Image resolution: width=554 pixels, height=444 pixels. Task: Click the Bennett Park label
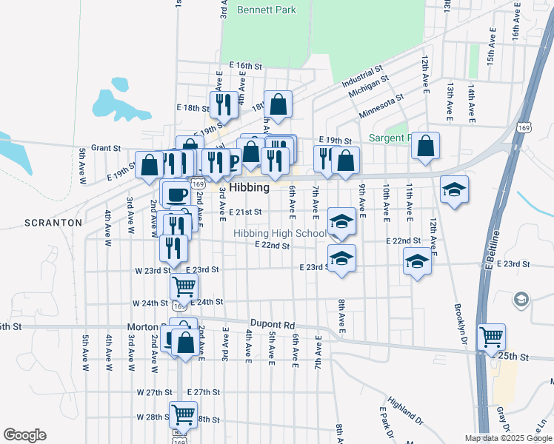[x=267, y=10]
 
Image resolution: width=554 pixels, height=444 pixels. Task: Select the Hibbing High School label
[x=280, y=234]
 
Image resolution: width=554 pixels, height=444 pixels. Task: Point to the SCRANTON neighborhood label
[x=53, y=222]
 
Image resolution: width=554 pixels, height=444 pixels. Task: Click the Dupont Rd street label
[x=273, y=325]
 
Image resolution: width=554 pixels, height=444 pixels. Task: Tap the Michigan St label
[x=368, y=90]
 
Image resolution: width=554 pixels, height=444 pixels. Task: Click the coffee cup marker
[x=176, y=195]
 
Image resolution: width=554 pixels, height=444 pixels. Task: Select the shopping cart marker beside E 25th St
[x=491, y=337]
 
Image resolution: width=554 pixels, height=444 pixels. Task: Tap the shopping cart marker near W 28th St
[x=183, y=414]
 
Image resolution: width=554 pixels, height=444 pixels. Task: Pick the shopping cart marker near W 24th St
[x=184, y=286]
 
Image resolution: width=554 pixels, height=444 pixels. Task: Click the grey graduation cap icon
[x=521, y=300]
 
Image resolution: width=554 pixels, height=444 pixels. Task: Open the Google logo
[x=24, y=435]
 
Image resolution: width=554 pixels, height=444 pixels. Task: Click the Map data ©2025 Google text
[x=507, y=438]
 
